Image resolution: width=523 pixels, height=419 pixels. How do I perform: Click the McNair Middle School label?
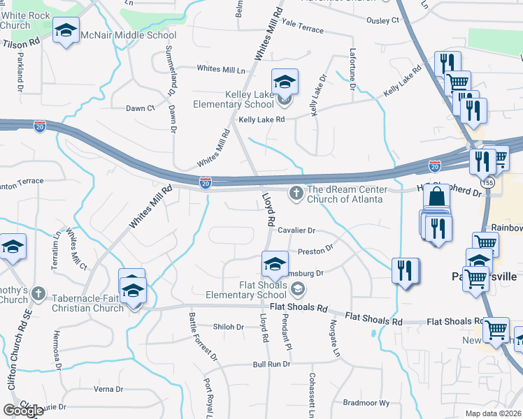tap(129, 35)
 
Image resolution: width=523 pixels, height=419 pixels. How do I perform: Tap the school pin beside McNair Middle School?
tap(66, 31)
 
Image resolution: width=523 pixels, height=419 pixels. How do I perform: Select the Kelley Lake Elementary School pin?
tap(285, 83)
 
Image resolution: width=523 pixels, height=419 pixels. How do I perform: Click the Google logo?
tap(23, 411)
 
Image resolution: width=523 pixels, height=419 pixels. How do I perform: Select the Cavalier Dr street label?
tap(296, 230)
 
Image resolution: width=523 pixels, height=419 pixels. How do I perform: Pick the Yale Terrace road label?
tap(302, 27)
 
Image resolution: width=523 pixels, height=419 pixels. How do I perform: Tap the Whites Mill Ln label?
tap(222, 69)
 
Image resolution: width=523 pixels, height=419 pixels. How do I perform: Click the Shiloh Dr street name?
tap(228, 327)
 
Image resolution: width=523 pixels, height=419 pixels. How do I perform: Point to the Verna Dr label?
tap(108, 389)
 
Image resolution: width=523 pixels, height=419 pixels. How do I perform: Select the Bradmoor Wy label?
tap(366, 403)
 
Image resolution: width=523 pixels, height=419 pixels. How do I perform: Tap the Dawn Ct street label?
tap(141, 108)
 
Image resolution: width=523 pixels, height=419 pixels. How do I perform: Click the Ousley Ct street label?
tap(382, 20)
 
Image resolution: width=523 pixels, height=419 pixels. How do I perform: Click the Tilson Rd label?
tap(21, 43)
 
